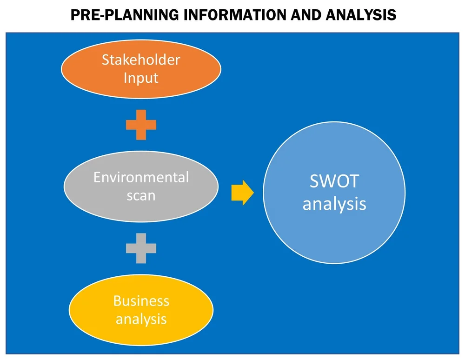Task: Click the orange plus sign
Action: click(x=141, y=125)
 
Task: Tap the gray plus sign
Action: click(x=141, y=248)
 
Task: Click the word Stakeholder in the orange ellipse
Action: click(x=141, y=60)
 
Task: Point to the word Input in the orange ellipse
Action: click(x=141, y=77)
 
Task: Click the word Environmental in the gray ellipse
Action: click(x=141, y=178)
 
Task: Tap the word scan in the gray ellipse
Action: click(x=141, y=195)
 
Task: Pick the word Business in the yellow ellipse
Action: click(x=141, y=301)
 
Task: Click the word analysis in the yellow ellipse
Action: click(x=141, y=319)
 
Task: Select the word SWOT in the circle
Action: click(x=334, y=181)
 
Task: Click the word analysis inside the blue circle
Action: click(x=334, y=204)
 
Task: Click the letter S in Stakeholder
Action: click(x=106, y=60)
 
